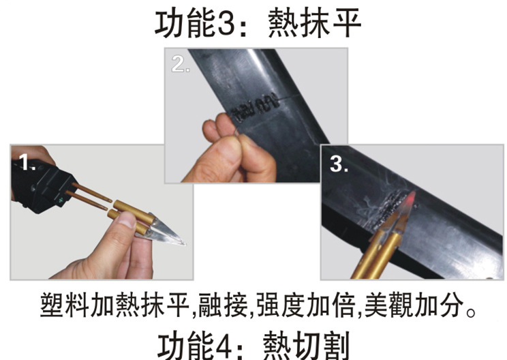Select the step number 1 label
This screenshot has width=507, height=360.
[27, 162]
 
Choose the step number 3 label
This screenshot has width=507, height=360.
[339, 164]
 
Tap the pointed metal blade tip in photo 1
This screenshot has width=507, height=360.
[184, 243]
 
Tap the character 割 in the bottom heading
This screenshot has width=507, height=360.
[335, 346]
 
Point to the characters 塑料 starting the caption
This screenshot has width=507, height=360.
[64, 304]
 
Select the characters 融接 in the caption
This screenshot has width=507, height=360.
[223, 304]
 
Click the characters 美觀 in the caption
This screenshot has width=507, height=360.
[389, 304]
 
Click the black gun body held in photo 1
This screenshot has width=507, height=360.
[42, 186]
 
